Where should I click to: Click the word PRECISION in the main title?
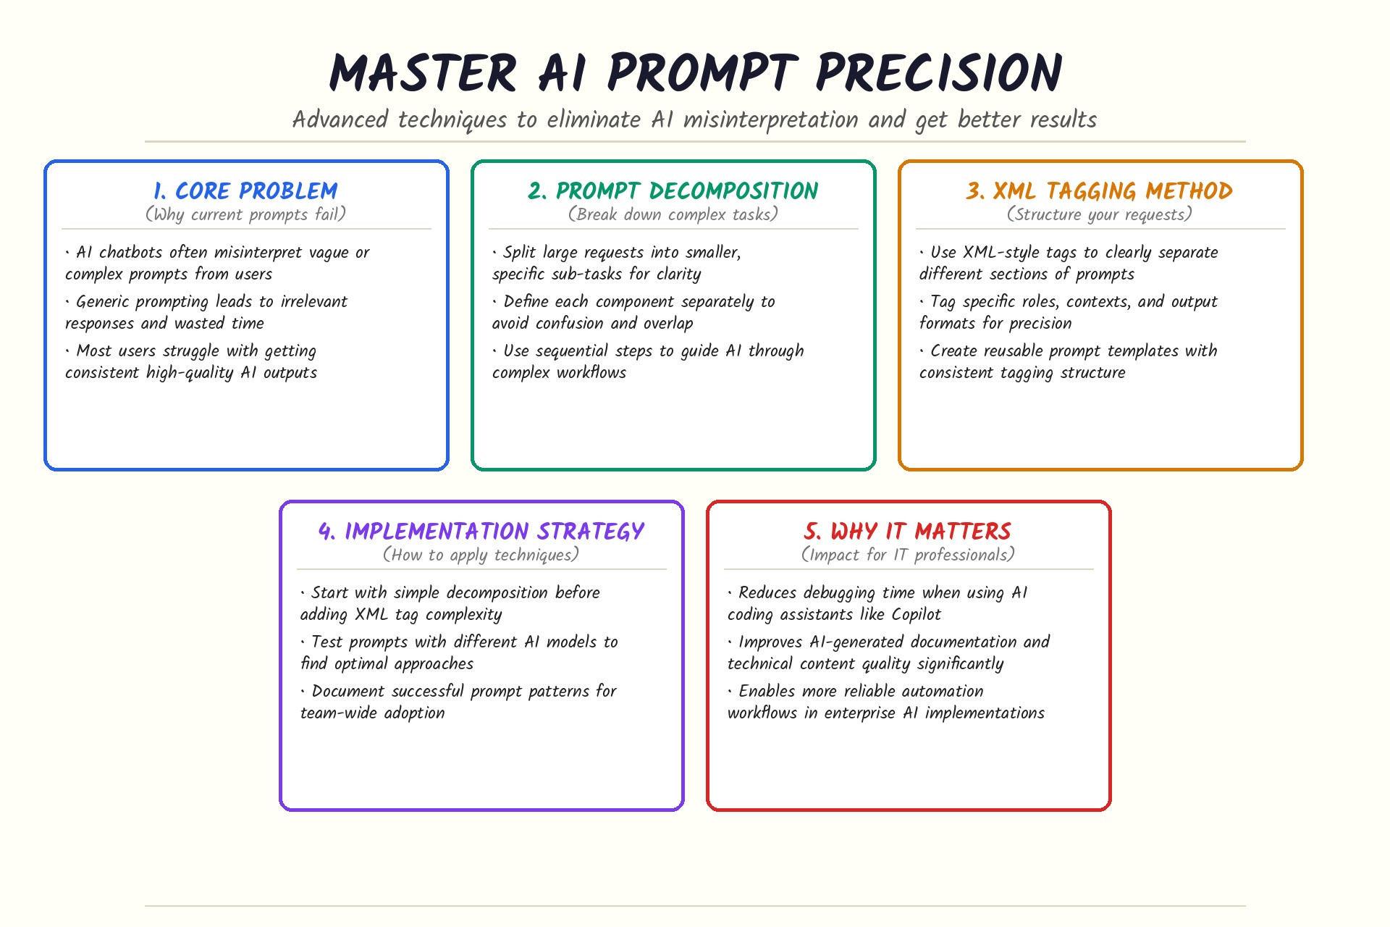pos(939,73)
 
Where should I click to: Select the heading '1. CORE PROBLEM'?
pos(245,190)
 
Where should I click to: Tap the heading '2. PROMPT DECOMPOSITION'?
pos(673,190)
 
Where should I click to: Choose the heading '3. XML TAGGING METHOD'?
pos(1100,190)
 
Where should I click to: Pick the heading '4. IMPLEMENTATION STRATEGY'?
pos(481,531)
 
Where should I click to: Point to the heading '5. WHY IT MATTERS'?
pos(908,531)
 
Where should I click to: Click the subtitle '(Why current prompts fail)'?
pos(245,214)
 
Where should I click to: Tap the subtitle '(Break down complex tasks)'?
pos(673,214)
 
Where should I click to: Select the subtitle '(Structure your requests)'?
pos(1100,214)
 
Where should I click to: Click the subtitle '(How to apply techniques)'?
pos(481,555)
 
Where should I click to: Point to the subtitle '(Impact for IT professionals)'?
pos(908,555)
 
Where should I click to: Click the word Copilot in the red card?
pos(916,614)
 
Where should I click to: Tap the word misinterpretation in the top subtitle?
pos(771,119)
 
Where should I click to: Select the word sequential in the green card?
pos(572,351)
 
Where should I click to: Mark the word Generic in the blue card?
pos(101,301)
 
